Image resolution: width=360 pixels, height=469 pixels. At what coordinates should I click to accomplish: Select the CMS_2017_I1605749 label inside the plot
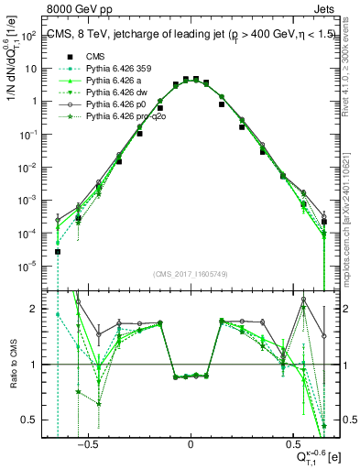(190, 275)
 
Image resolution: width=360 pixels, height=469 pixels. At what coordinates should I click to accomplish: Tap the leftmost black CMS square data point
(58, 251)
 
